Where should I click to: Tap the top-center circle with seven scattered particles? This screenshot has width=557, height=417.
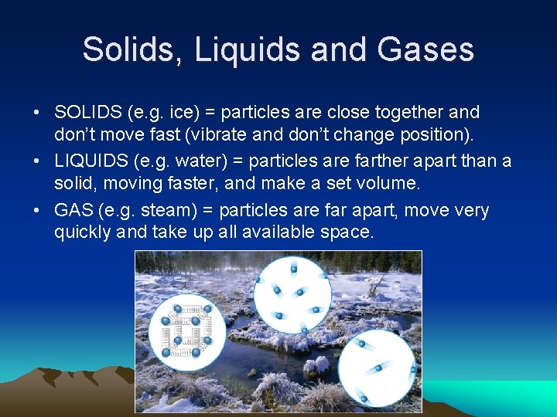click(x=292, y=295)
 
